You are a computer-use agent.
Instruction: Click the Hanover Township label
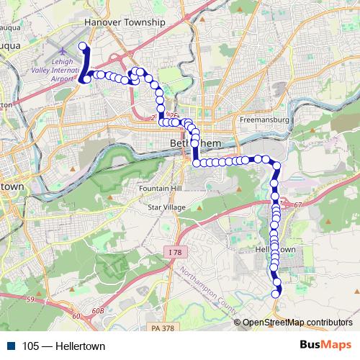(125, 22)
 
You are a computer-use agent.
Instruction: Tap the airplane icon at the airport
(63, 52)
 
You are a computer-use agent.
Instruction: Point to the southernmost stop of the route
(276, 292)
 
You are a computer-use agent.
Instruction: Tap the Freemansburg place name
(264, 119)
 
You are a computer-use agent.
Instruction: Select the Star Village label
(166, 207)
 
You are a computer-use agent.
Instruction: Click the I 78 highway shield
(174, 252)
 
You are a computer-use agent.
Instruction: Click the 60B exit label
(77, 315)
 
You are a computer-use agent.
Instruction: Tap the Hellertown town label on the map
(276, 249)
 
